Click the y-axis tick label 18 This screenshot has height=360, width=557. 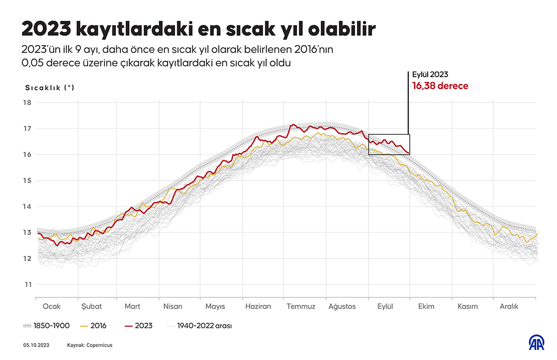click(27, 103)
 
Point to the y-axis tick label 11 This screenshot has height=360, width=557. click(27, 284)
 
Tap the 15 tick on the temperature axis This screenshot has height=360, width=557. click(27, 180)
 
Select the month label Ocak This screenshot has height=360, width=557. click(52, 306)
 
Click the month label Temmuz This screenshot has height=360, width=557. click(301, 306)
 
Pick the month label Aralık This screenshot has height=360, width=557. click(509, 306)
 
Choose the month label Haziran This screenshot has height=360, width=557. click(258, 306)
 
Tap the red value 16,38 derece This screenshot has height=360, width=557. click(440, 86)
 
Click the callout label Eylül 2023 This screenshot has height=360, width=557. click(430, 75)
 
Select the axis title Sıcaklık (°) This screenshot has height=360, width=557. click(50, 88)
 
